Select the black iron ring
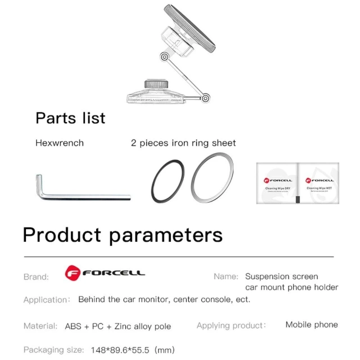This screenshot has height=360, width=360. pos(167,183)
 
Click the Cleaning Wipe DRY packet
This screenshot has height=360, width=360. pos(277,183)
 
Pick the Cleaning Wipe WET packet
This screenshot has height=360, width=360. pos(319,183)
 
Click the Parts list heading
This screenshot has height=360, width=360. pos(70,118)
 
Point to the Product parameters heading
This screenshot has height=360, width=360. pos(123,235)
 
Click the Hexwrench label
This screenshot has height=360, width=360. pos(60,143)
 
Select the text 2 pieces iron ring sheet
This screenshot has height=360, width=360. pos(183,143)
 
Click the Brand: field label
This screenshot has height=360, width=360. pos(36,277)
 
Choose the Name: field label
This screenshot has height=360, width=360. pos(226,276)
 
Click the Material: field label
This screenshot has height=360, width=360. pos(40,326)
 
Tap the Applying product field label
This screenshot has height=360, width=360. pos(231,325)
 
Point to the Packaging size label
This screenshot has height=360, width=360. pos(54,350)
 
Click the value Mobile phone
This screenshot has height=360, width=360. pos(312,325)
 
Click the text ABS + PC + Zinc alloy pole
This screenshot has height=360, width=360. pos(118,326)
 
